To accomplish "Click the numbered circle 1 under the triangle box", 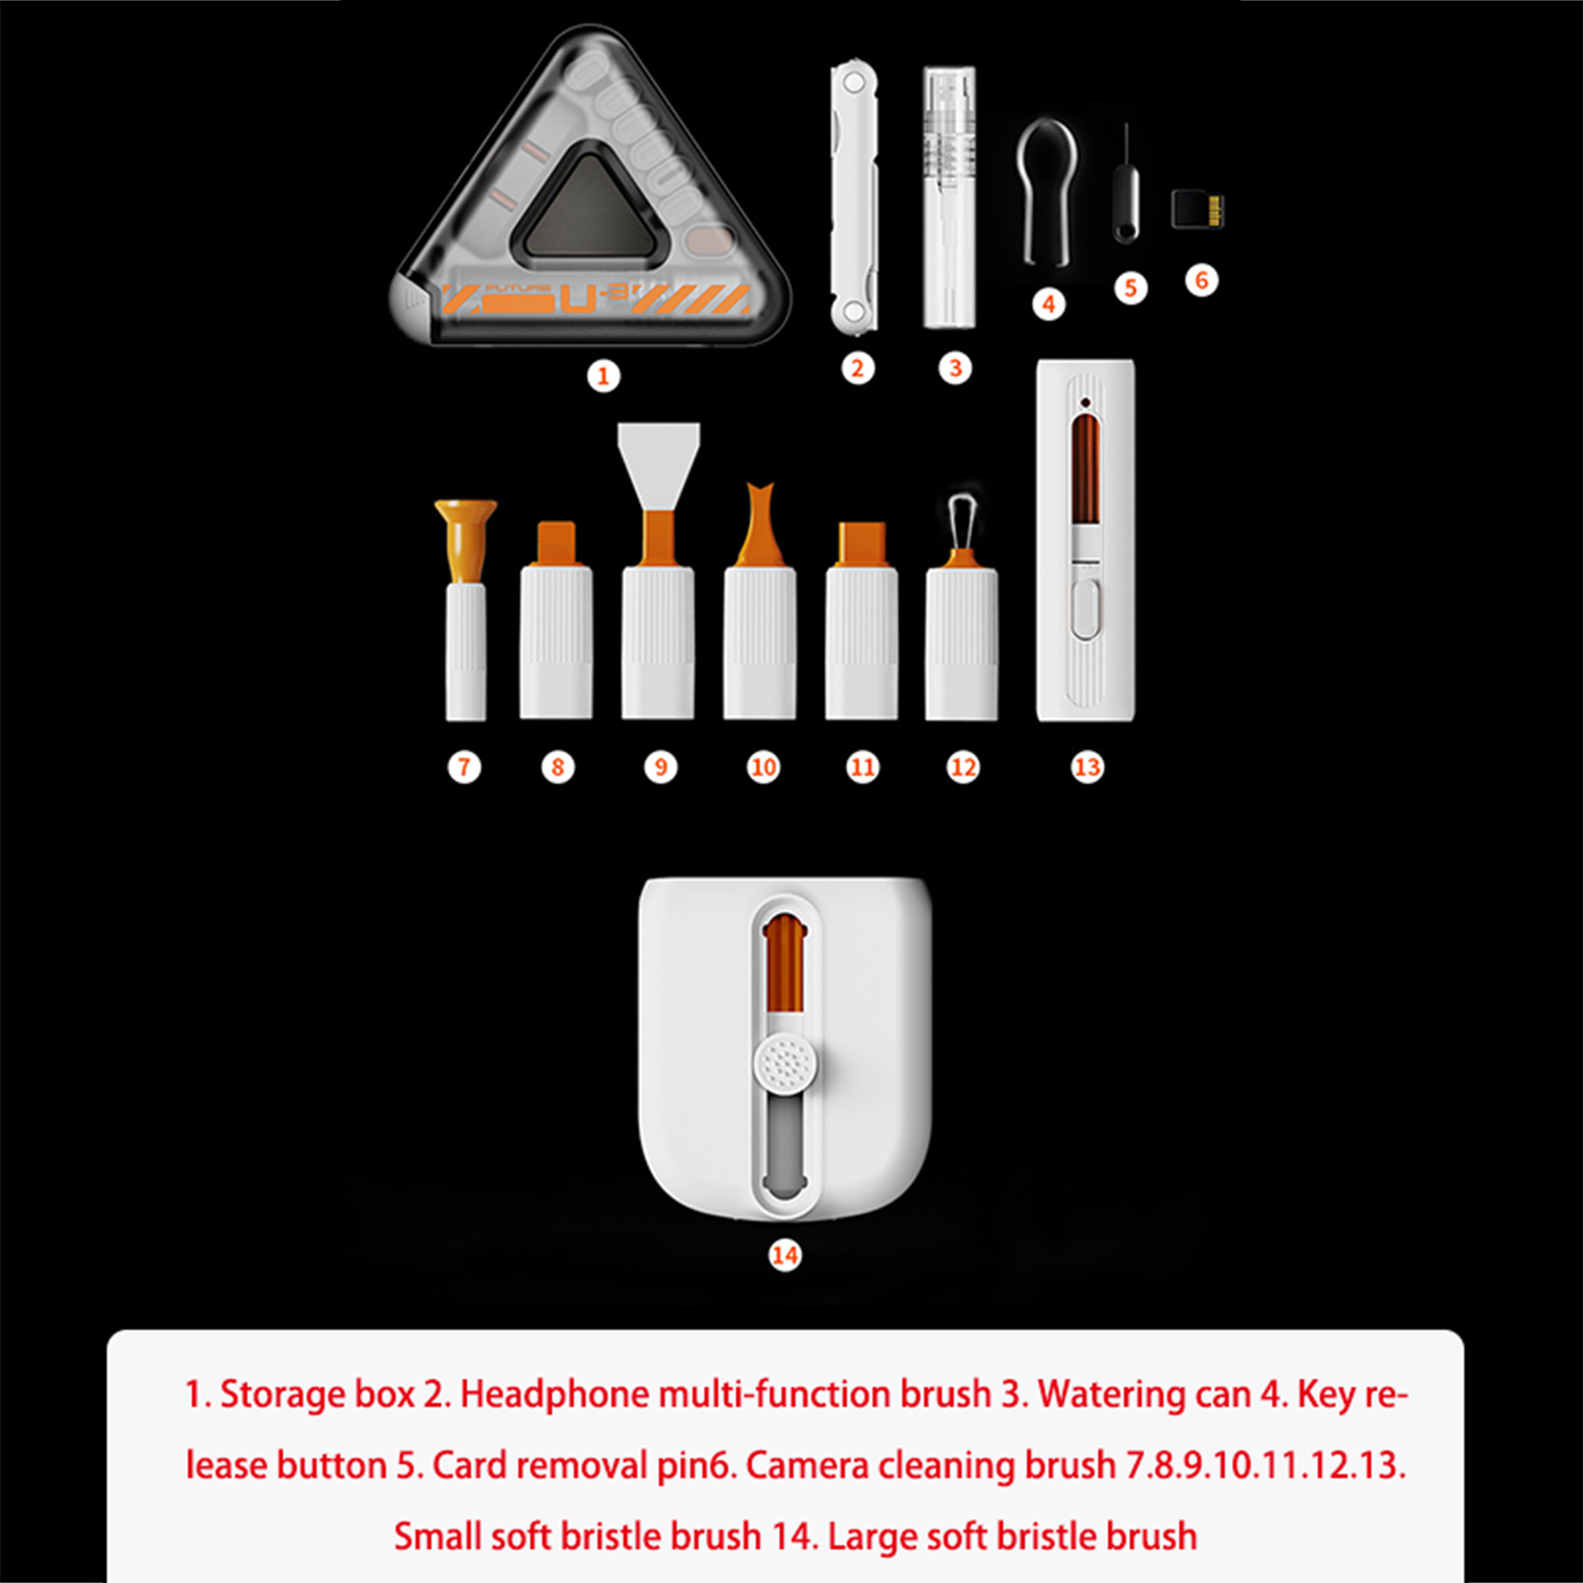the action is point(604,376).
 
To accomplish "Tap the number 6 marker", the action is point(1201,280).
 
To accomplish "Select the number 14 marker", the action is point(785,1255).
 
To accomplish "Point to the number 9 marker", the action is point(660,767).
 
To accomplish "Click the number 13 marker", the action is point(1086,767).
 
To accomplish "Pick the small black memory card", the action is point(1197,209).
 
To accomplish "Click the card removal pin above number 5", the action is point(1126,185).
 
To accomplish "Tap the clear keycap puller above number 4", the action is point(1046,192).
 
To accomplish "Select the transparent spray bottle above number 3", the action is point(949,197).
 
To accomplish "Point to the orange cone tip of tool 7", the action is point(465,540).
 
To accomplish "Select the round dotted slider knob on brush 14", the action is point(787,1065).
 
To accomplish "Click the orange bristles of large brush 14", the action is point(784,964).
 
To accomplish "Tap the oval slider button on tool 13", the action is point(1085,609).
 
